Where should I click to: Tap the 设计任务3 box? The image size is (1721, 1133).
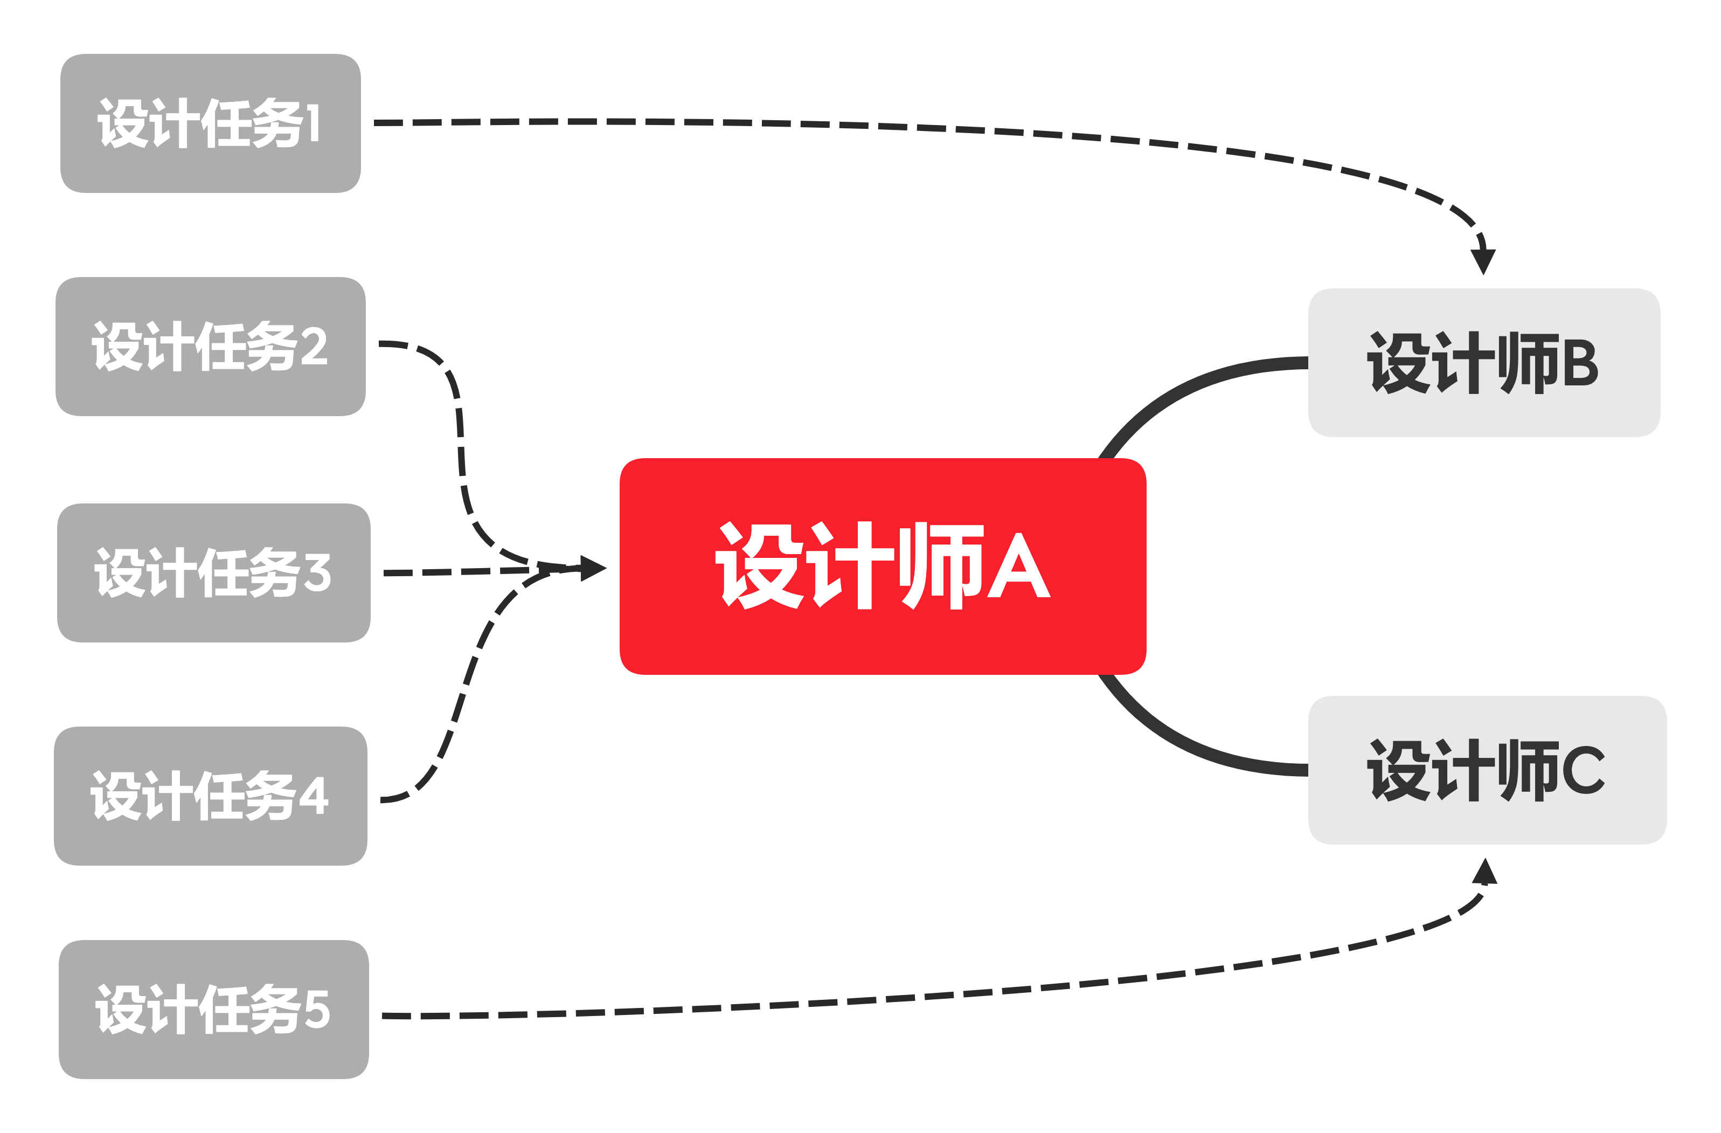coord(213,572)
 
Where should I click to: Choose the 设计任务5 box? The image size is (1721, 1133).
coord(213,1008)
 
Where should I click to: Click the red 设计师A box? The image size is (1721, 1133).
coord(882,566)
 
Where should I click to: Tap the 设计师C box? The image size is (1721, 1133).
coord(1487,770)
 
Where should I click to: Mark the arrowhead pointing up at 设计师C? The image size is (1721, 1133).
coord(1484,871)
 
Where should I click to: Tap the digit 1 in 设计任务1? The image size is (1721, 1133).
coord(313,123)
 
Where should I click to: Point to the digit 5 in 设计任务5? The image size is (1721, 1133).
coord(317,1008)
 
